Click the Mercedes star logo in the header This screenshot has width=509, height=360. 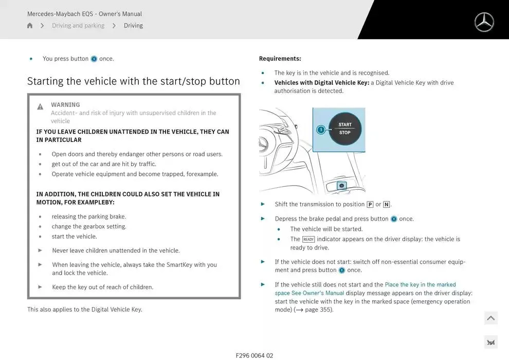tap(484, 22)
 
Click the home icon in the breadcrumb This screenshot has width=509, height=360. tap(30, 26)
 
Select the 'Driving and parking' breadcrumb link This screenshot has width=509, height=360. tap(78, 26)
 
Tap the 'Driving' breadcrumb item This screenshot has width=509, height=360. tap(133, 26)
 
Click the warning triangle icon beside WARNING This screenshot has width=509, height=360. tap(40, 106)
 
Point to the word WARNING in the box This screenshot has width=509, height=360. tap(65, 105)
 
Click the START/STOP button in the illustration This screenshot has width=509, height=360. tap(345, 129)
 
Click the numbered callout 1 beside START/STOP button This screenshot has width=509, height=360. tap(321, 130)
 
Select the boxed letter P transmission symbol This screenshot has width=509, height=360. tap(370, 205)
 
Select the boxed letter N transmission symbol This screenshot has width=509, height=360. tap(386, 205)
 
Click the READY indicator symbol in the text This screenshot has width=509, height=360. tap(308, 240)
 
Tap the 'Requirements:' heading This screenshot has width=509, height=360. tap(280, 59)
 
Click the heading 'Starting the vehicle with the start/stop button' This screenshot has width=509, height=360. tap(133, 81)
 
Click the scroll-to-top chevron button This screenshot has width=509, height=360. tap(490, 318)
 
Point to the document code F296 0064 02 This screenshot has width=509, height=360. tap(254, 355)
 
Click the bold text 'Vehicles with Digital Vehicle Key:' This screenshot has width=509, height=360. tap(321, 83)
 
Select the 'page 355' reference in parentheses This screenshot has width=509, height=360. tap(318, 310)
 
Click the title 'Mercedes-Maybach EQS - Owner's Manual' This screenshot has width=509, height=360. tap(84, 14)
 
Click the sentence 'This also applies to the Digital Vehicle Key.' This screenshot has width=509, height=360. tap(85, 310)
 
